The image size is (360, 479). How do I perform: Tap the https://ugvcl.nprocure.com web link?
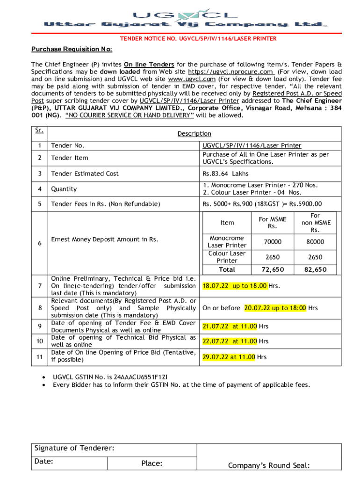pyautogui.click(x=230, y=72)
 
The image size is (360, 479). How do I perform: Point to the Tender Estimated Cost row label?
pyautogui.click(x=85, y=174)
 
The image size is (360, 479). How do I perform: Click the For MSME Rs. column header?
pyautogui.click(x=272, y=223)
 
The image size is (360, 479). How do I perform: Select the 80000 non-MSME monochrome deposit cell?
pyautogui.click(x=315, y=242)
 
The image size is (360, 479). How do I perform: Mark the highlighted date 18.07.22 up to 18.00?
pyautogui.click(x=235, y=286)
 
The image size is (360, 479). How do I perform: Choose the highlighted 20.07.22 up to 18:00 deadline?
pyautogui.click(x=275, y=308)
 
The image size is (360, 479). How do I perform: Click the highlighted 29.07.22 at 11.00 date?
pyautogui.click(x=229, y=357)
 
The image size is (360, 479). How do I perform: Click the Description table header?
pyautogui.click(x=194, y=134)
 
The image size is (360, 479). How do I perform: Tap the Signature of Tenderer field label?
pyautogui.click(x=74, y=449)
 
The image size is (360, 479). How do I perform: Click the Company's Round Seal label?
pyautogui.click(x=269, y=465)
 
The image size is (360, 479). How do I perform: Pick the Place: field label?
pyautogui.click(x=151, y=464)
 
